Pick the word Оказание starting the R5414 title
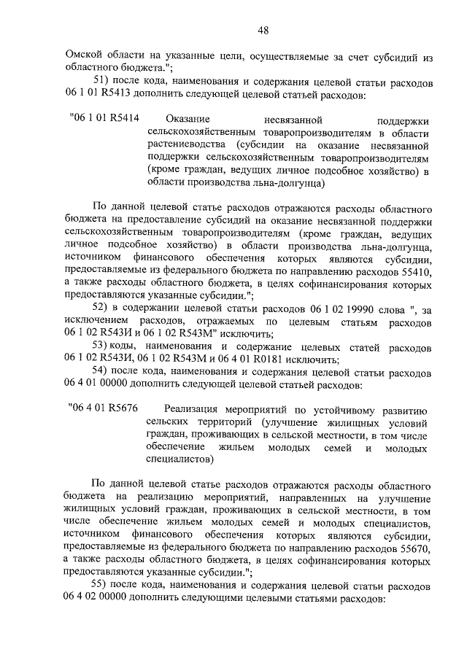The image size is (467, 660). click(188, 118)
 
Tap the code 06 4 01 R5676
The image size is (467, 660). click(104, 408)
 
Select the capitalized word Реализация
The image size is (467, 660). click(193, 408)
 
